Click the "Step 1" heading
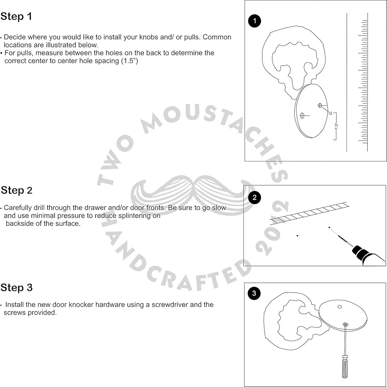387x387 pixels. pyautogui.click(x=16, y=17)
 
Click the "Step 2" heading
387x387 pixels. pyautogui.click(x=17, y=190)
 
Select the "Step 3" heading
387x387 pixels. pyautogui.click(x=17, y=288)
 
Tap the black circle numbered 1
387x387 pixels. pyautogui.click(x=255, y=21)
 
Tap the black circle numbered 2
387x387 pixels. pyautogui.click(x=254, y=198)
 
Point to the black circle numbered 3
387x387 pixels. pyautogui.click(x=254, y=293)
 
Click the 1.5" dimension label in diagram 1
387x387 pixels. pyautogui.click(x=336, y=125)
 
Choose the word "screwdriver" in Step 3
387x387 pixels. pyautogui.click(x=169, y=305)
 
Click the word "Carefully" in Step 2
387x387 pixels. pyautogui.click(x=19, y=208)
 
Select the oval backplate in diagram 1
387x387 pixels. pyautogui.click(x=312, y=110)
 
